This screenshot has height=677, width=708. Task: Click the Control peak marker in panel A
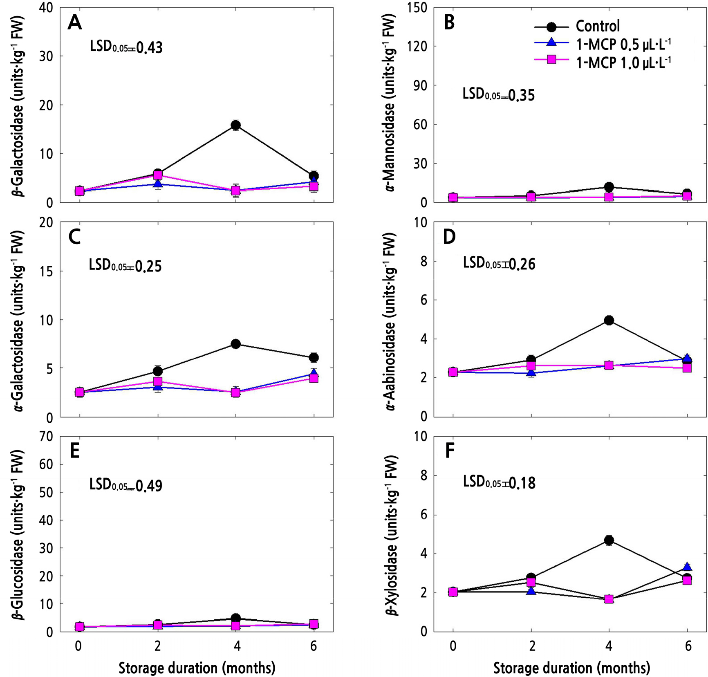[x=235, y=125]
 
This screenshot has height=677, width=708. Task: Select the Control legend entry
[x=597, y=26]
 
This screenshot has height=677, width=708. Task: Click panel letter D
[x=449, y=237]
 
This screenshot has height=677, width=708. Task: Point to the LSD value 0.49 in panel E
[x=149, y=486]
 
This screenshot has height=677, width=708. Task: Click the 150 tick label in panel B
[x=418, y=8]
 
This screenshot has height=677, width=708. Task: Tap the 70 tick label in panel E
[x=45, y=437]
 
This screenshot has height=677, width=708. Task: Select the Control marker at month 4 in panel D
[x=609, y=320]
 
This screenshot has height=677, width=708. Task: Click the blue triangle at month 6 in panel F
[x=688, y=567]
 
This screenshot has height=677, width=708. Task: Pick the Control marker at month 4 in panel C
[x=235, y=344]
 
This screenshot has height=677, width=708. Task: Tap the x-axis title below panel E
[x=197, y=668]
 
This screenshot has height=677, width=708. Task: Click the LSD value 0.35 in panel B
[x=522, y=95]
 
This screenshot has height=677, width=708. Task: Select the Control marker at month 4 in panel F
[x=609, y=540]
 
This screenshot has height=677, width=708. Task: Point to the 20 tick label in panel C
[x=45, y=222]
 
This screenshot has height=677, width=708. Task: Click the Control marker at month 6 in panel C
[x=314, y=357]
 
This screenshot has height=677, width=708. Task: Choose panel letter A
[x=75, y=22]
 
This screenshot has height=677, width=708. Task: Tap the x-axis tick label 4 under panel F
[x=609, y=646]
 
